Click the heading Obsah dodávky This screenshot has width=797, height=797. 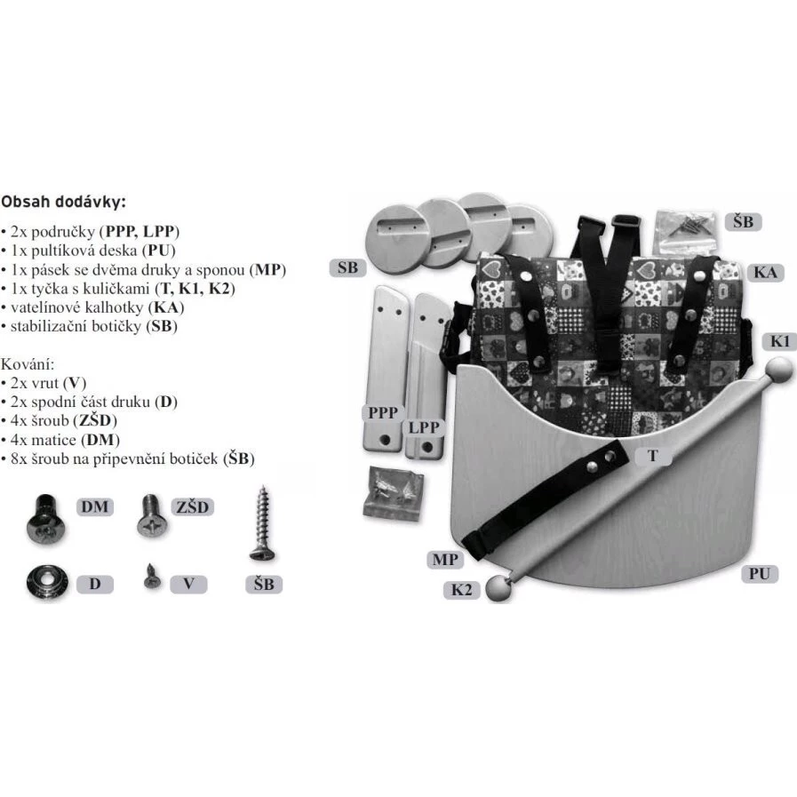tap(63, 202)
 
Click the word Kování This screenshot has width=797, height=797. tap(28, 364)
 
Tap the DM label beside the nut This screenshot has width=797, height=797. tap(95, 506)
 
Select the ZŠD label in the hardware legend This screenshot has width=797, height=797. tap(192, 506)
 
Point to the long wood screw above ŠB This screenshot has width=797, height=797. tap(262, 523)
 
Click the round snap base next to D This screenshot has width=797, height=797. tap(45, 584)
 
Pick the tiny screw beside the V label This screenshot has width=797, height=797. tap(152, 577)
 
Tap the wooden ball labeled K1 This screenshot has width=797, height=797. tap(778, 371)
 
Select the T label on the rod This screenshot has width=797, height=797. tap(653, 456)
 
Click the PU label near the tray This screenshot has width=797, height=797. tap(760, 574)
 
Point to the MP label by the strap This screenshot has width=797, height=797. tap(445, 560)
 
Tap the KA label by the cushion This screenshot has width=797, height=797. tap(766, 273)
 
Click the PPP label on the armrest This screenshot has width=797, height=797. tap(383, 413)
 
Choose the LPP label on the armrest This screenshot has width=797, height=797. tap(424, 427)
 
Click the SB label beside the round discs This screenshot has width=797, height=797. tap(348, 267)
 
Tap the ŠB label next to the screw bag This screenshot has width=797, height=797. tap(743, 222)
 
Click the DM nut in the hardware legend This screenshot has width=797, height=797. tap(45, 519)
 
